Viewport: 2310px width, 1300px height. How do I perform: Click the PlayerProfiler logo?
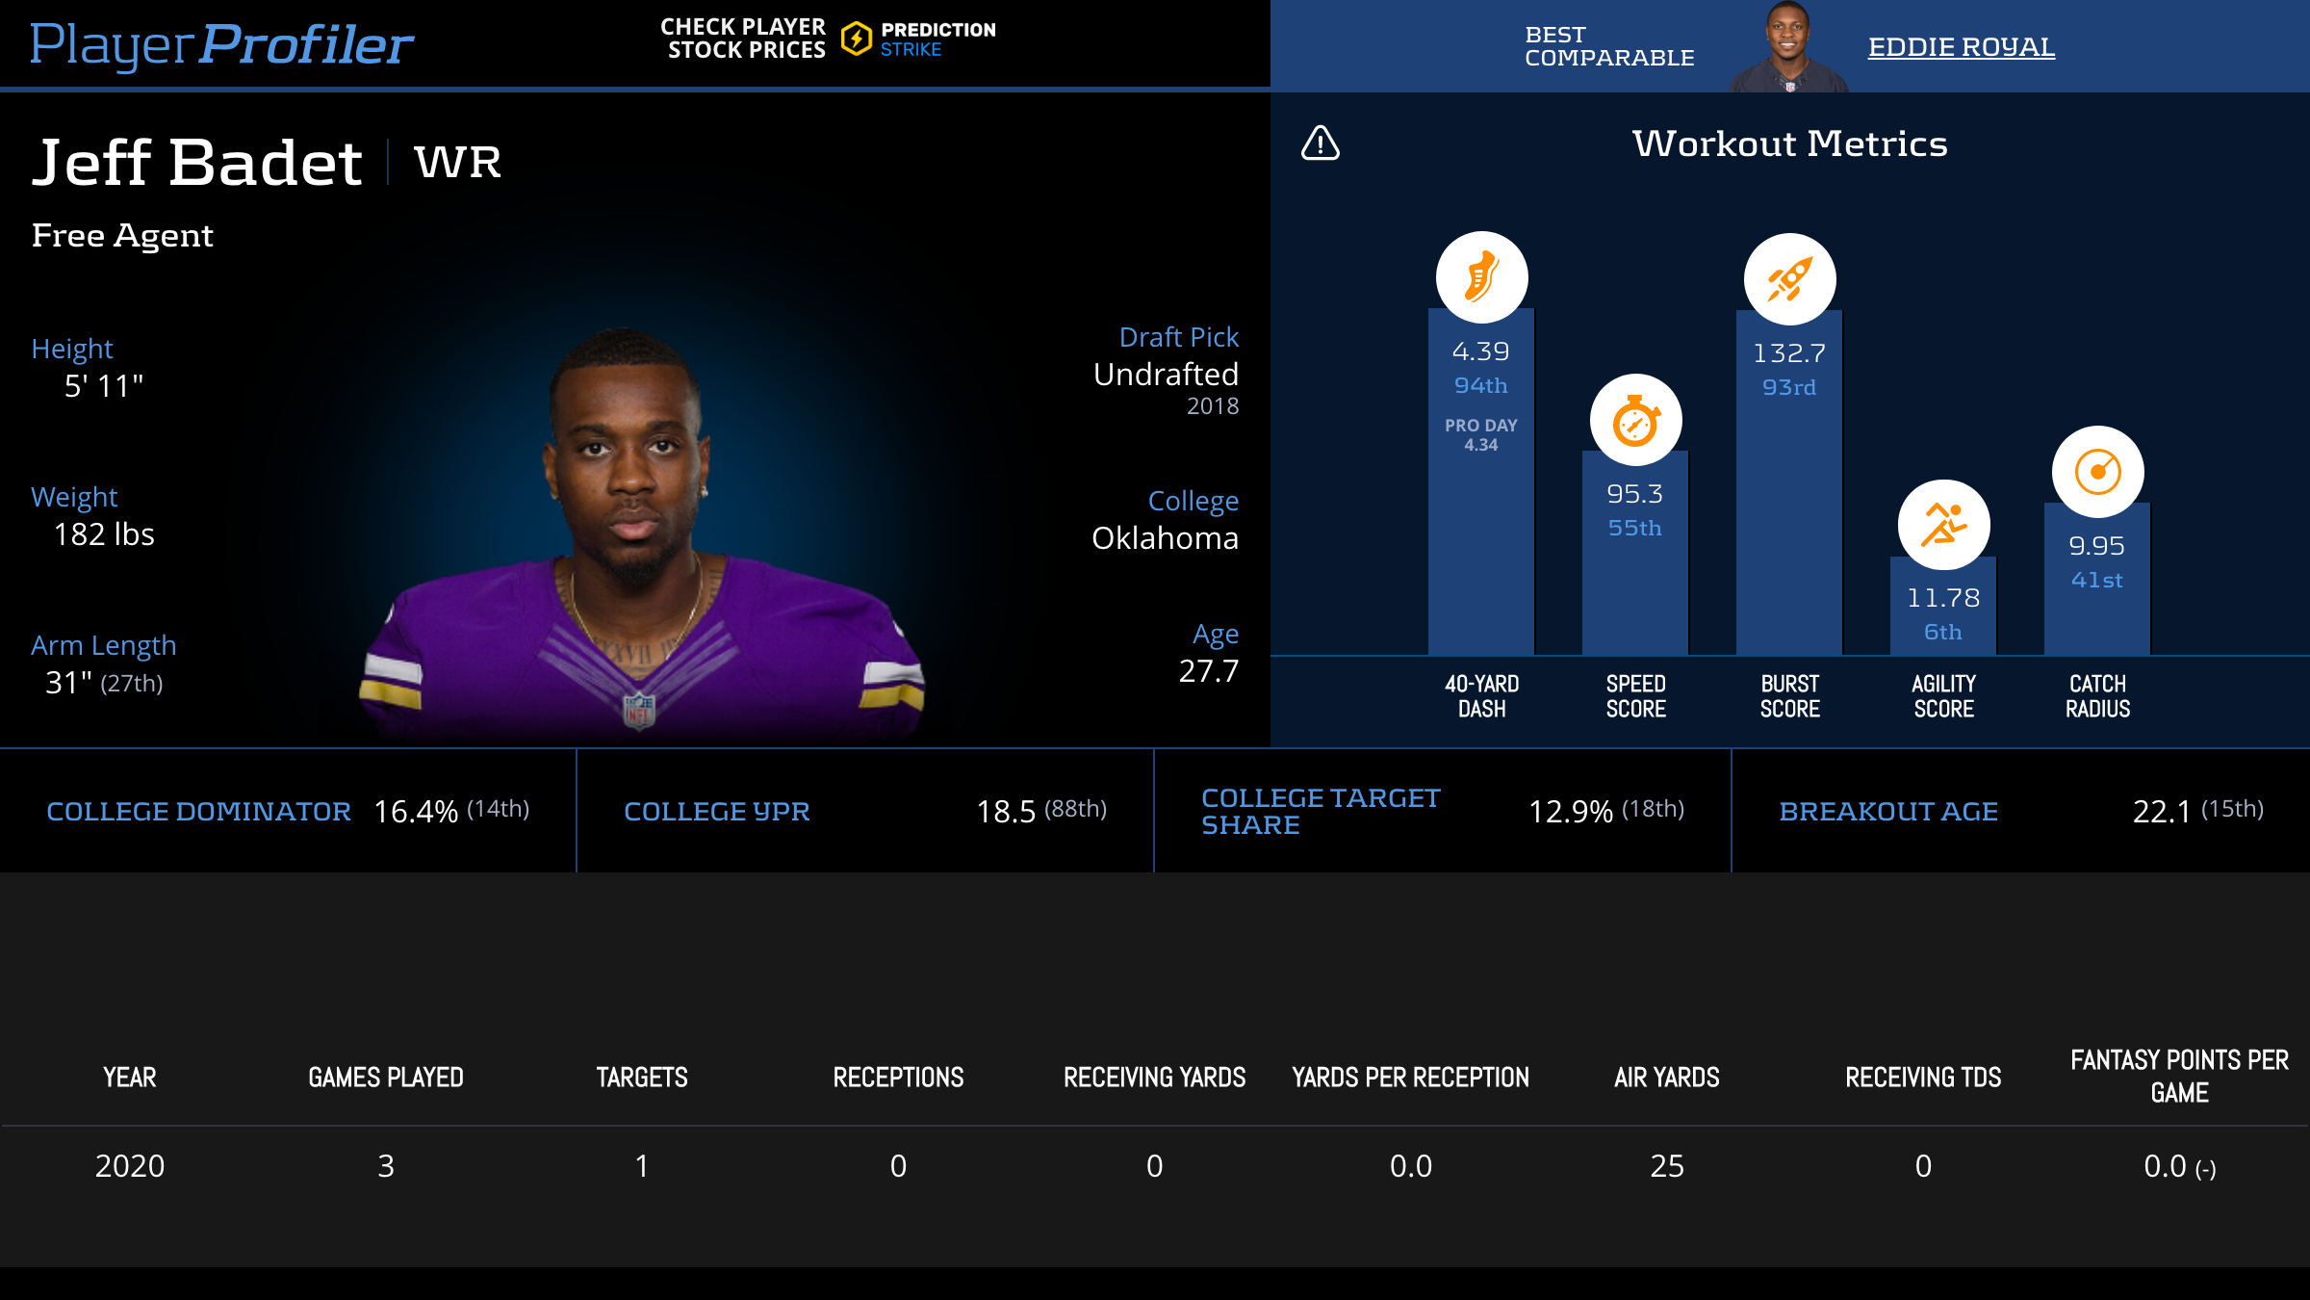[x=221, y=44]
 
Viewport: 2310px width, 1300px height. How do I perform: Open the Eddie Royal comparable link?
[x=1961, y=47]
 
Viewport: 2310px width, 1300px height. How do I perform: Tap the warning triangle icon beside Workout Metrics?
[x=1320, y=143]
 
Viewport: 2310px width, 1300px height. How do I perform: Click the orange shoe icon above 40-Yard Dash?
[x=1481, y=277]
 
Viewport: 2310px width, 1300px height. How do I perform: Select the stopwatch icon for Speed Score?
[x=1635, y=421]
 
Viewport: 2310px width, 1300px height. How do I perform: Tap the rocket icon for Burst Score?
[x=1789, y=279]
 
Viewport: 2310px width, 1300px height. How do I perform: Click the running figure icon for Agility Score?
[x=1943, y=525]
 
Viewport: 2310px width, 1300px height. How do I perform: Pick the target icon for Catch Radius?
[x=2097, y=472]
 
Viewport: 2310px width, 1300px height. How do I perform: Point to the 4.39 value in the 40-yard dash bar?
[x=1480, y=351]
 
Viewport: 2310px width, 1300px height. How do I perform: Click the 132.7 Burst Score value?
[x=1788, y=353]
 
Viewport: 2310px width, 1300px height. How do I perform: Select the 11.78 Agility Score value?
[x=1942, y=598]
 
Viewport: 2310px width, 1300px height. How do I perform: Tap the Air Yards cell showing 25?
[x=1667, y=1166]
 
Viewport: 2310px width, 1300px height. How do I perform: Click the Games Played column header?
[x=385, y=1078]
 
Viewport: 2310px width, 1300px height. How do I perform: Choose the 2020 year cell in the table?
[x=130, y=1166]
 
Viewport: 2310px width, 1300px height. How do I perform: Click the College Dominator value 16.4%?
[x=416, y=812]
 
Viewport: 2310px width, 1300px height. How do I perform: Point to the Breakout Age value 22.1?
[x=2161, y=812]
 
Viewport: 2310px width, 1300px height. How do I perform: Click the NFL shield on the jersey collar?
[x=639, y=710]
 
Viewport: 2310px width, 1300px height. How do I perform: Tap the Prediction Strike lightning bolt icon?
[x=856, y=39]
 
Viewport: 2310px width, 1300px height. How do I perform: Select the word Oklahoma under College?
[x=1165, y=538]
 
